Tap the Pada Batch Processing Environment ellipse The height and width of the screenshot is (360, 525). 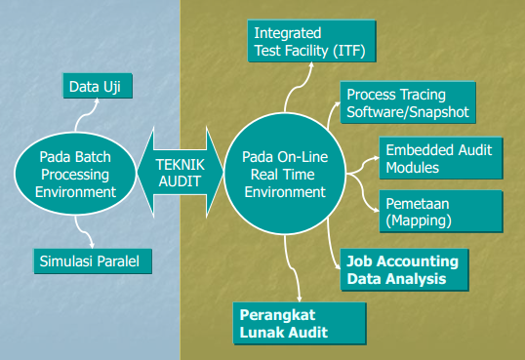pos(76,174)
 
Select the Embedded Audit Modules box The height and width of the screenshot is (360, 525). pos(438,157)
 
